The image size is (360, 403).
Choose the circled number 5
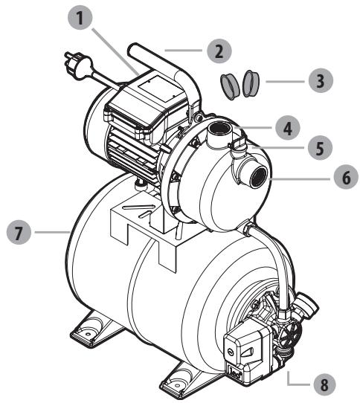tap(320, 146)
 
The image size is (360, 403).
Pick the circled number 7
tap(19, 233)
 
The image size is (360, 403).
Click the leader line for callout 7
tap(52, 233)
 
